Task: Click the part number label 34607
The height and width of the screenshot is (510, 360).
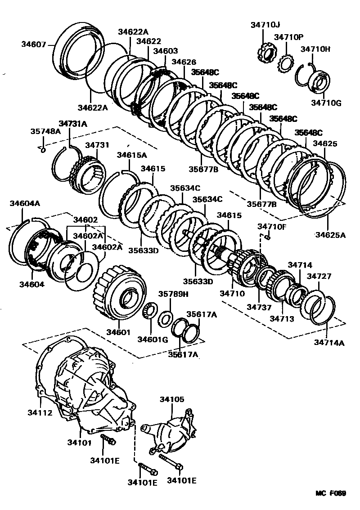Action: (x=33, y=44)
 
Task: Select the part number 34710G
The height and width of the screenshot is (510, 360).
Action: (x=326, y=103)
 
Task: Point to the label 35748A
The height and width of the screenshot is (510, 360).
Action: (x=45, y=131)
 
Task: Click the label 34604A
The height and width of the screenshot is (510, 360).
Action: (x=25, y=203)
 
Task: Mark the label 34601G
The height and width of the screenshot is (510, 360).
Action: (x=153, y=339)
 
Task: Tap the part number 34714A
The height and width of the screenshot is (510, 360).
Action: (x=329, y=343)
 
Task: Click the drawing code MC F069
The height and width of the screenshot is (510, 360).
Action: (x=330, y=493)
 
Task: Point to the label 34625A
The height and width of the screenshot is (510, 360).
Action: (x=330, y=234)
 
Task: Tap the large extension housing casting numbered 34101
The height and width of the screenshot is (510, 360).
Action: (x=90, y=391)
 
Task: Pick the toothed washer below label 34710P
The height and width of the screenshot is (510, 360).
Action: (x=286, y=63)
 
